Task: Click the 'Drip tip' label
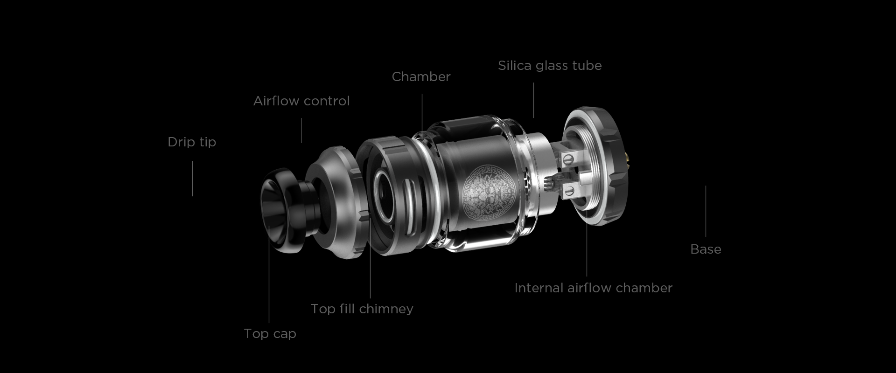(192, 142)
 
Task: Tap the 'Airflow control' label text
(301, 101)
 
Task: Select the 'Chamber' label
(421, 77)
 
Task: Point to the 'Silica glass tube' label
(550, 66)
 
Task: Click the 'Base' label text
(706, 249)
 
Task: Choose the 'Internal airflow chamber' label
(593, 288)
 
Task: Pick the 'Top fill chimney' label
(362, 309)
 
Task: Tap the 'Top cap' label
(270, 334)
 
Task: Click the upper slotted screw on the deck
(568, 159)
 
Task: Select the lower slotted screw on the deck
(570, 189)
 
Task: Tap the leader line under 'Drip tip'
(192, 179)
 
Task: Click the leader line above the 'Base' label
(706, 211)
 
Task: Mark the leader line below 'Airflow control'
(301, 131)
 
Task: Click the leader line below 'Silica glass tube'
(534, 101)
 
